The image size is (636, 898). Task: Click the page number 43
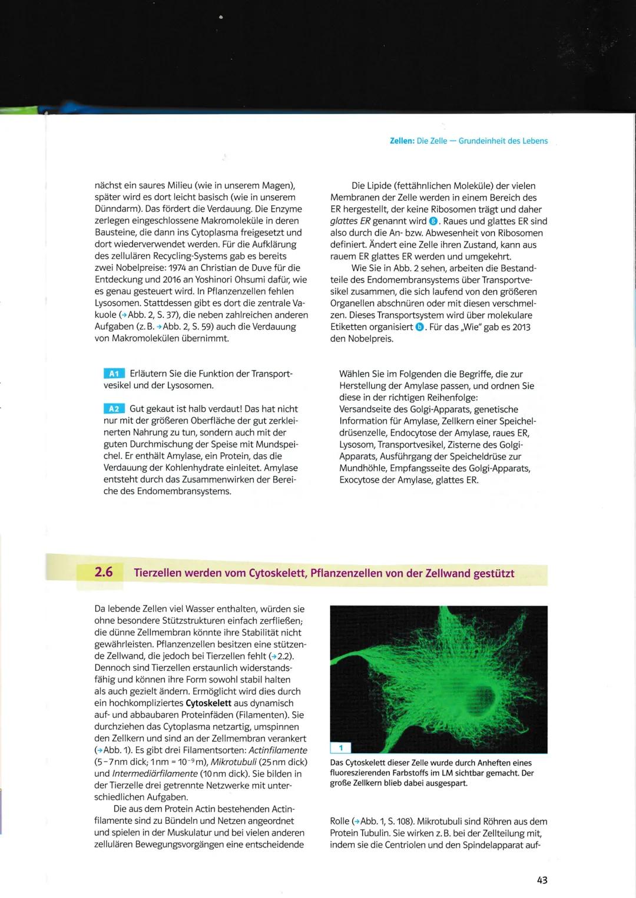(x=542, y=880)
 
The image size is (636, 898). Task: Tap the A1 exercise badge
(x=114, y=374)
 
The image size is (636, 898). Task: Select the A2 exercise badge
(x=114, y=409)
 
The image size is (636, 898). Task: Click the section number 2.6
(x=104, y=572)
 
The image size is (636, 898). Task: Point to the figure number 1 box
(x=340, y=748)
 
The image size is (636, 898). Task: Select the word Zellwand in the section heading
(x=448, y=573)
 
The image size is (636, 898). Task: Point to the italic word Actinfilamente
(x=278, y=750)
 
